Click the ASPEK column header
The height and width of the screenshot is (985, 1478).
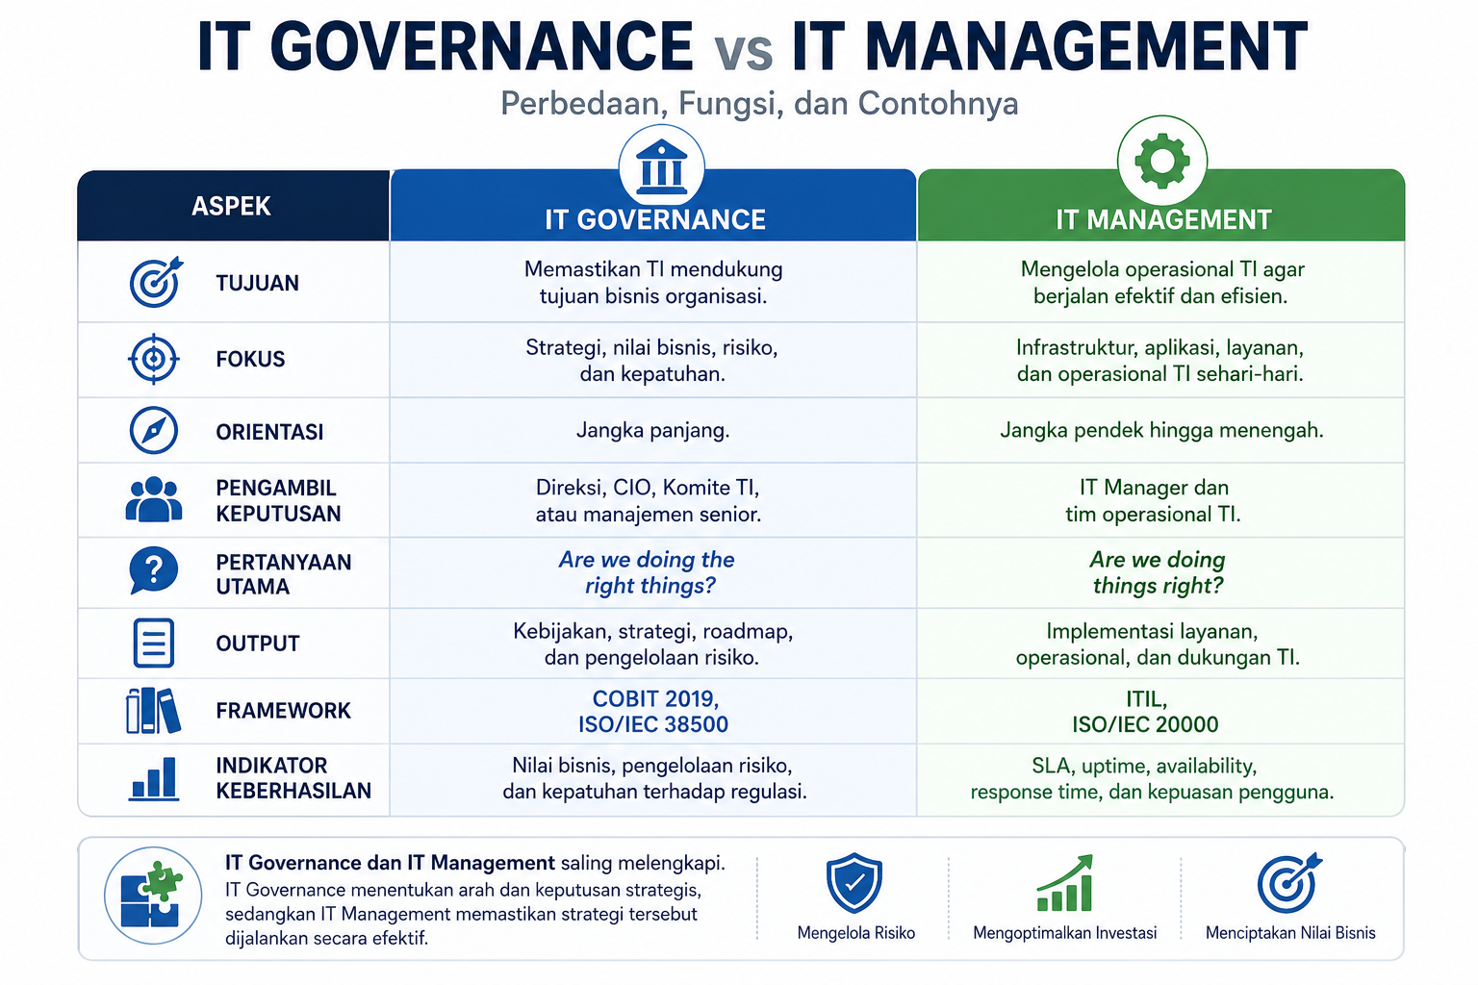click(x=231, y=207)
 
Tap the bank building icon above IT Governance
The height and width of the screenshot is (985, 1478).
click(x=661, y=167)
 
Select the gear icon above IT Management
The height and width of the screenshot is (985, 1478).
click(x=1162, y=161)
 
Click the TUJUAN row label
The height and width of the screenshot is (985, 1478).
click(x=257, y=283)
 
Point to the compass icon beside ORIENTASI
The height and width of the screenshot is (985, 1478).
click(x=153, y=430)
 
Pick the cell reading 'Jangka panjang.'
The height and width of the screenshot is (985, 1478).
click(x=652, y=430)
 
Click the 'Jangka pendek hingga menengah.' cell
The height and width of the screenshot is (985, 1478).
click(x=1161, y=430)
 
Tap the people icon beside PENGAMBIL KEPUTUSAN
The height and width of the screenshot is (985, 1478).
click(x=154, y=499)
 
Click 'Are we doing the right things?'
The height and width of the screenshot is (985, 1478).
click(x=648, y=572)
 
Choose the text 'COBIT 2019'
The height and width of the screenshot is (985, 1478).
click(x=653, y=698)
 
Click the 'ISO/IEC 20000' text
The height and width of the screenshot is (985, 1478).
click(x=1145, y=724)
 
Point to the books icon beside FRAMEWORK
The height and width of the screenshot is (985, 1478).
click(x=153, y=711)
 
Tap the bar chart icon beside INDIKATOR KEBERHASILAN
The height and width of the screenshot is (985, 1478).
click(x=154, y=778)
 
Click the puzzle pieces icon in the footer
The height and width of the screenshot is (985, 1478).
click(x=153, y=896)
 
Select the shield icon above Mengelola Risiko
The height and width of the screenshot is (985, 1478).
click(x=854, y=882)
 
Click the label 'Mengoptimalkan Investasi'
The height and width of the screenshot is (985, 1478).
click(x=1065, y=933)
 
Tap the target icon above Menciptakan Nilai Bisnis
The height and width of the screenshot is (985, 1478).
click(x=1289, y=883)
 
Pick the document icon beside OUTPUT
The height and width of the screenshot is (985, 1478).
click(x=153, y=643)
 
